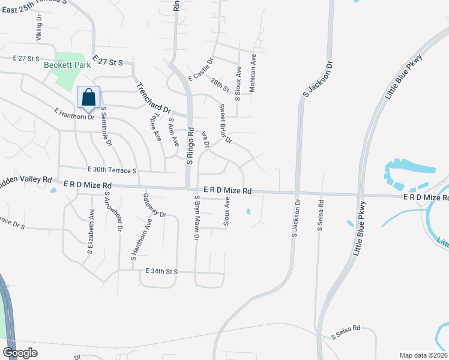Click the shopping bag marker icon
(88, 97)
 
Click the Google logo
(20, 352)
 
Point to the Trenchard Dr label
(155, 98)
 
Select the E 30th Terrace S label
(112, 170)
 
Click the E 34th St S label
(162, 272)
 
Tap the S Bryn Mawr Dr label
(196, 217)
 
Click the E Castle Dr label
(201, 70)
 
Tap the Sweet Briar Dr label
(225, 124)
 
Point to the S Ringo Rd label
(189, 146)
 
